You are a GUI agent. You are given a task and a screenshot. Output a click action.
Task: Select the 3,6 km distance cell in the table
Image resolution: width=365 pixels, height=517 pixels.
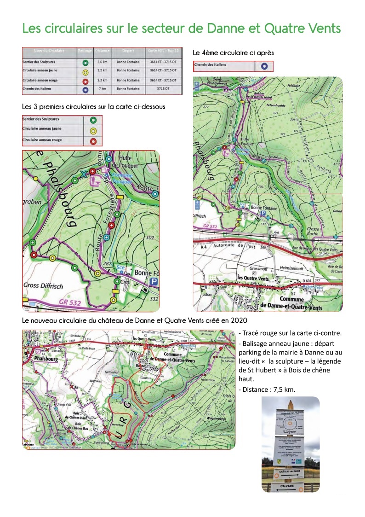[x=102, y=62]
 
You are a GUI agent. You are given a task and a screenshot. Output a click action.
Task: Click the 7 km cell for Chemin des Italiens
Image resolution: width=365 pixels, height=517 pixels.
[x=102, y=88]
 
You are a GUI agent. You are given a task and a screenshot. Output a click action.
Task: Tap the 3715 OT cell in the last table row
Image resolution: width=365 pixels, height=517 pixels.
[x=164, y=88]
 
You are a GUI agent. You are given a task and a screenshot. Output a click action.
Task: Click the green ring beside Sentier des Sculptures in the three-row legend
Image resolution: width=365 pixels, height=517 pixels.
[x=93, y=120]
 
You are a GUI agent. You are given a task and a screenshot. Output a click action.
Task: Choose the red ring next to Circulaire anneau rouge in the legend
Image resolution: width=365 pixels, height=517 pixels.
[x=93, y=140]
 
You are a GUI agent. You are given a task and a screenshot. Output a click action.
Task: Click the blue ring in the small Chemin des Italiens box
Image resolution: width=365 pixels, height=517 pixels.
[x=264, y=66]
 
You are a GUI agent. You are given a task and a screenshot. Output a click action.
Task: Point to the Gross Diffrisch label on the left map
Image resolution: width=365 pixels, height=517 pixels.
[x=43, y=286]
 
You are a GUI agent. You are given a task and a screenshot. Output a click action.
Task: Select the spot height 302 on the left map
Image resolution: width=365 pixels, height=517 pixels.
[x=149, y=238]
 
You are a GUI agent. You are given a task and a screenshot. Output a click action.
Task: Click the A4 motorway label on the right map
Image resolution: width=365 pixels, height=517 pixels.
[x=204, y=247]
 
